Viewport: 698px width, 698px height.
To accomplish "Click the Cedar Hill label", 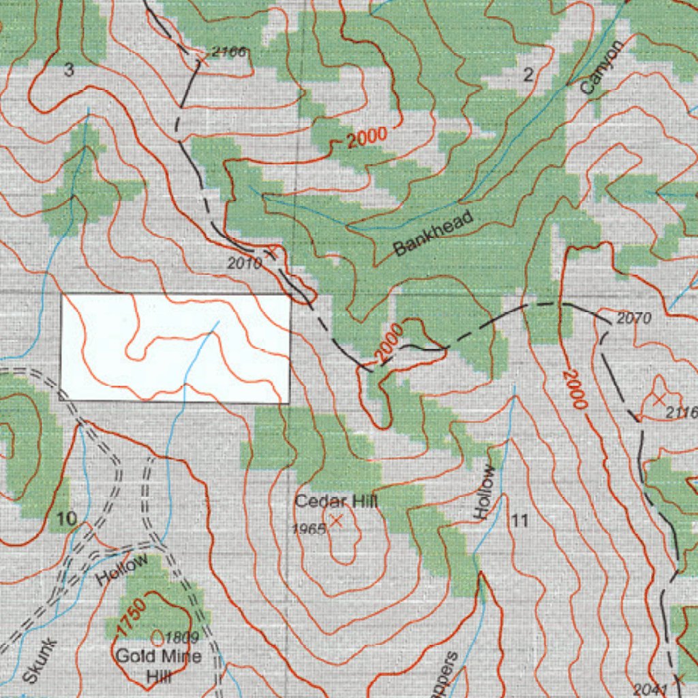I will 336,502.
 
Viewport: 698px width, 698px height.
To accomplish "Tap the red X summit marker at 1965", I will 336,521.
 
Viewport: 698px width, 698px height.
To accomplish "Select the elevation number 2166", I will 228,52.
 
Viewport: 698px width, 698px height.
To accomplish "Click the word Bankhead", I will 434,234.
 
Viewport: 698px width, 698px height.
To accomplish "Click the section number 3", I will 68,70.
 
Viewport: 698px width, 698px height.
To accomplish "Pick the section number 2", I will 528,76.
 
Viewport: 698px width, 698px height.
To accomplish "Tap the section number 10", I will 67,519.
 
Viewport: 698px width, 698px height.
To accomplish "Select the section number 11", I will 519,521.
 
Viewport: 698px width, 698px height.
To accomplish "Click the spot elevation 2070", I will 634,318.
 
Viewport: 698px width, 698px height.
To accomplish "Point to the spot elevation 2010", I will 243,263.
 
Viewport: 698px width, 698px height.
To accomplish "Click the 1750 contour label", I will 131,617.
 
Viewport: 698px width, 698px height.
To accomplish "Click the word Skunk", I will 40,661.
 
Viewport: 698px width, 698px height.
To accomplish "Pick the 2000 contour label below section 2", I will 366,138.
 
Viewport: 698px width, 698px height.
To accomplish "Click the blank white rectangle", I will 176,348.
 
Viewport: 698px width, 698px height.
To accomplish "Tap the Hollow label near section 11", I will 485,492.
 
